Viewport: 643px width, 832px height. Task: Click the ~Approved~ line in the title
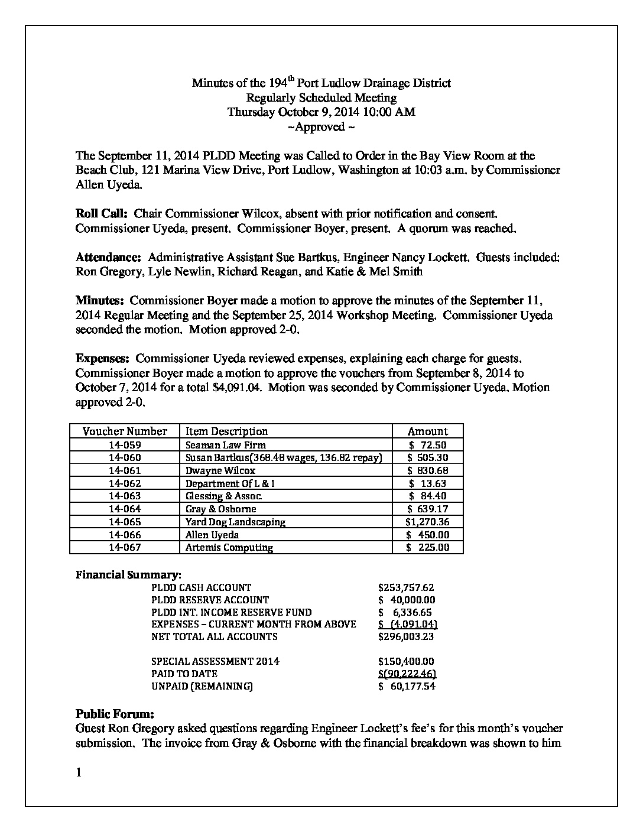[321, 127]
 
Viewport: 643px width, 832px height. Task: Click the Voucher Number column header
[125, 431]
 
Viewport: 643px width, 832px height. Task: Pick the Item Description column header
[226, 431]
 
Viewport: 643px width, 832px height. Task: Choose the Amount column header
[428, 431]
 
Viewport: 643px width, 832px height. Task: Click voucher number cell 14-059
[125, 445]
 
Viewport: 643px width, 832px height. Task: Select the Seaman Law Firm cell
[225, 445]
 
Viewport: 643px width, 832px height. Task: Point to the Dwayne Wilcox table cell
[220, 470]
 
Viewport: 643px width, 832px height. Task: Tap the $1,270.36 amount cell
[427, 522]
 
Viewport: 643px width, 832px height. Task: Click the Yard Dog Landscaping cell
[235, 522]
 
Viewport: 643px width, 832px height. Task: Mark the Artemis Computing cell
[229, 547]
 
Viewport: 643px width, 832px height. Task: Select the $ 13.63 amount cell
[427, 483]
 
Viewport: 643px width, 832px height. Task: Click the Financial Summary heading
[128, 574]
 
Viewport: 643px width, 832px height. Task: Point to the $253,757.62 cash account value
[406, 587]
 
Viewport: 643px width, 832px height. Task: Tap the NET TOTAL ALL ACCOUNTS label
[214, 636]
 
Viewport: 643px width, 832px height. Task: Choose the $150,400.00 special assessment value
[406, 661]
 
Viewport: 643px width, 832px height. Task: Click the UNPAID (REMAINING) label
[202, 686]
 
